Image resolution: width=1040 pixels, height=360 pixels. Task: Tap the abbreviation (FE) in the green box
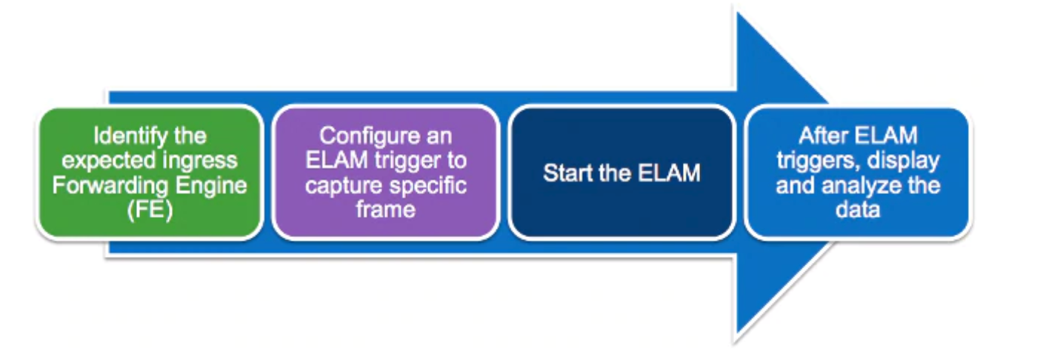coord(150,210)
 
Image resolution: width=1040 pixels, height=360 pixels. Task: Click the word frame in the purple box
coord(385,210)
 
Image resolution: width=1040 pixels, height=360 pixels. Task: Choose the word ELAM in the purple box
coord(336,161)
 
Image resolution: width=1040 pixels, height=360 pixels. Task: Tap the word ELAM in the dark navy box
coord(669,173)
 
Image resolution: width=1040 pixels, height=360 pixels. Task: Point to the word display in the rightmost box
coord(903,161)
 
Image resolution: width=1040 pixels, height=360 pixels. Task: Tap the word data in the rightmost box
coord(858,210)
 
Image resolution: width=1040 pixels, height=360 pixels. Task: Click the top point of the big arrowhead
coord(737,12)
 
